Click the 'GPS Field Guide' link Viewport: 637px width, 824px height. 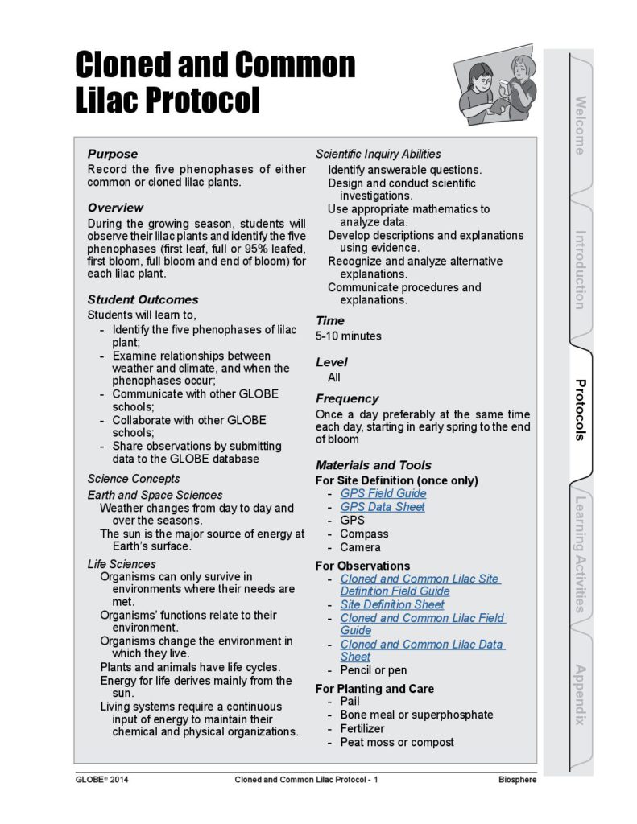(x=383, y=493)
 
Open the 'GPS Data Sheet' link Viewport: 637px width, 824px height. (x=382, y=507)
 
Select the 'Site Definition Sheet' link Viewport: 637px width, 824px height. (x=391, y=604)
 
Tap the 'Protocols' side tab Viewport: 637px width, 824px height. (x=580, y=410)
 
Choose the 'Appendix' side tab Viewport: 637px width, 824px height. (x=580, y=694)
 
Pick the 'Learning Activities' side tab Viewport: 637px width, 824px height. (x=580, y=555)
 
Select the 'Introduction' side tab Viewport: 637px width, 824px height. (x=580, y=270)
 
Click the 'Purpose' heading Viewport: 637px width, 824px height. (x=113, y=154)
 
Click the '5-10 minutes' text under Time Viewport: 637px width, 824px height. (x=348, y=336)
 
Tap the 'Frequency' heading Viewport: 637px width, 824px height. (x=346, y=398)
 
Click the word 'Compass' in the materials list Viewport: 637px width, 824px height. (x=363, y=534)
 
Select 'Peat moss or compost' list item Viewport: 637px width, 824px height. (x=396, y=742)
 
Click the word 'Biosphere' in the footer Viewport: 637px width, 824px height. (x=517, y=780)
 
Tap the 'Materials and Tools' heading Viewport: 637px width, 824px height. (x=373, y=465)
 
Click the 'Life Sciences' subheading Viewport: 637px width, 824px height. (x=122, y=564)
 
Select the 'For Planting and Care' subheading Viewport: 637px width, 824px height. (x=374, y=689)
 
